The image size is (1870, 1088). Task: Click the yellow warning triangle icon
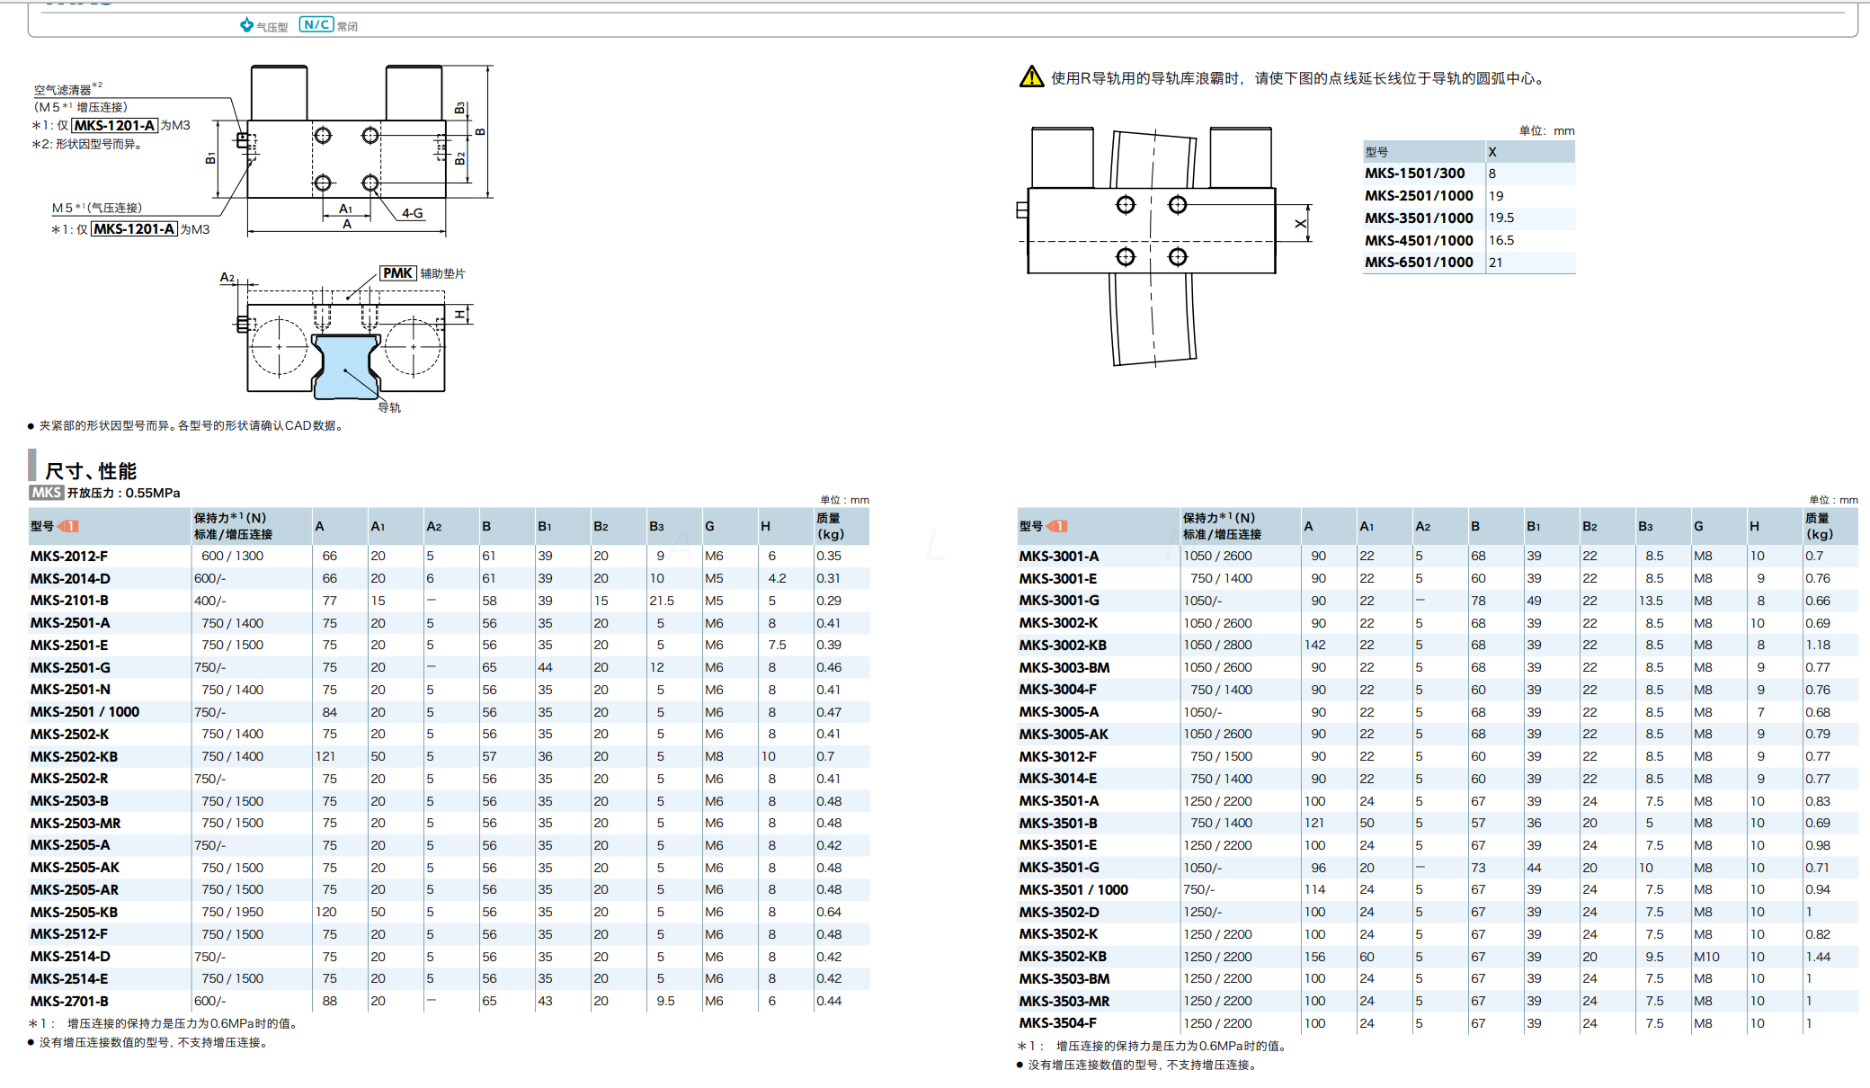(x=1031, y=77)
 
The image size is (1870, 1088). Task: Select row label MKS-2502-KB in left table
(x=74, y=756)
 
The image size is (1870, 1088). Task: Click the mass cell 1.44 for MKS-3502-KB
(x=1817, y=957)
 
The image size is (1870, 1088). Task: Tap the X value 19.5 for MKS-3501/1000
(x=1500, y=218)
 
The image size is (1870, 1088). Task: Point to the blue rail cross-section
(x=345, y=365)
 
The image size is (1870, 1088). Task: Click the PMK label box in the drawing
(x=397, y=273)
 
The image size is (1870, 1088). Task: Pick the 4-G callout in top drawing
(x=412, y=213)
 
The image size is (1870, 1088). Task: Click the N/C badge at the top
(x=316, y=25)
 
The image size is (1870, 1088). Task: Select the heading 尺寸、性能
(x=91, y=471)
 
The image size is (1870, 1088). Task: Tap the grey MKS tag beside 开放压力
(x=46, y=493)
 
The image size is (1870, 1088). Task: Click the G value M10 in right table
(x=1706, y=957)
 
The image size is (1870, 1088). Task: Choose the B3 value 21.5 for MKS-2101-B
(x=662, y=601)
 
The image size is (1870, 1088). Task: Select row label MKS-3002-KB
(x=1063, y=645)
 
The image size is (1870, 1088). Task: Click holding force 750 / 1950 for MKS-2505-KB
(x=232, y=912)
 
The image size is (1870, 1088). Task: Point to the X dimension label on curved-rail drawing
(x=1300, y=224)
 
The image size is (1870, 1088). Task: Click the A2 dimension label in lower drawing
(x=227, y=278)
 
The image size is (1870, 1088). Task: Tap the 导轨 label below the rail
(x=389, y=407)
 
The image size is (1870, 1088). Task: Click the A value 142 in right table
(x=1314, y=645)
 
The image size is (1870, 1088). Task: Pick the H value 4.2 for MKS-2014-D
(x=777, y=578)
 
